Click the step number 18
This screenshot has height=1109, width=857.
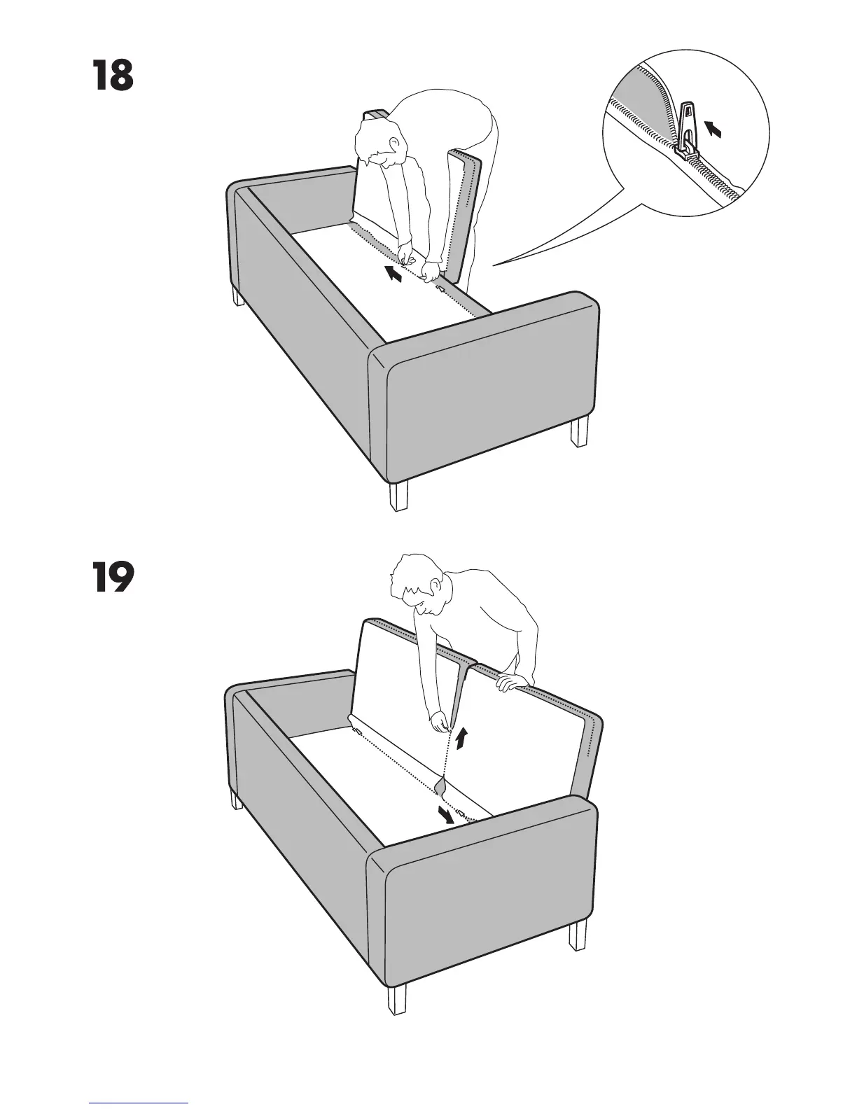click(112, 76)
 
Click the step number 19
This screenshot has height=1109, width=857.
click(112, 578)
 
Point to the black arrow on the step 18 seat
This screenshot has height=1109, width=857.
click(394, 274)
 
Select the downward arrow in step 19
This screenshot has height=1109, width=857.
click(445, 814)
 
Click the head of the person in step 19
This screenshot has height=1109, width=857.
click(416, 585)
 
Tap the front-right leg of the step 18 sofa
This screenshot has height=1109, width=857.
click(578, 432)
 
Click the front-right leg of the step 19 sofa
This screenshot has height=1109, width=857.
click(578, 935)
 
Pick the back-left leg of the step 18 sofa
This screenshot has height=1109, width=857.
click(239, 298)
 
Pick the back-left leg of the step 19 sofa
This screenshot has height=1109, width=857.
click(237, 799)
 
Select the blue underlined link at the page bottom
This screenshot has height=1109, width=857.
click(139, 1102)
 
